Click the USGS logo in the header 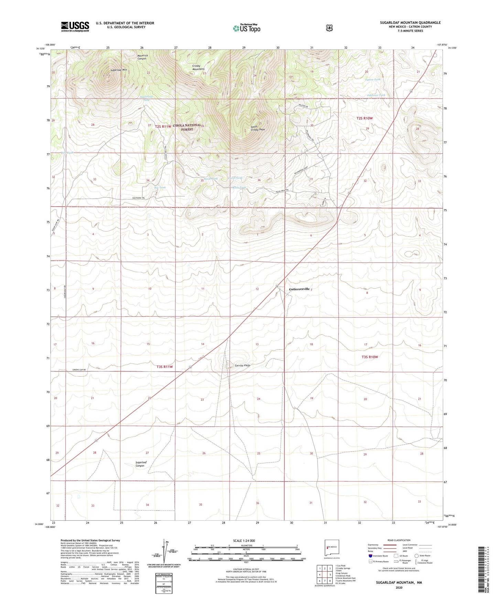[75, 26]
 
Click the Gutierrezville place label [299, 289]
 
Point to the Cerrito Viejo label [240, 365]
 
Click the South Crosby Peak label [258, 128]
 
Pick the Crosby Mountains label [198, 67]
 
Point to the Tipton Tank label [373, 80]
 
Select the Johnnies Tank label [376, 95]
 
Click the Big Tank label [160, 187]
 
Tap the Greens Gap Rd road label [79, 370]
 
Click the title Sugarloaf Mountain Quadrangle [410, 23]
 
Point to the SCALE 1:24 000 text [244, 541]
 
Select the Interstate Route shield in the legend [370, 556]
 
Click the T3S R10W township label [369, 357]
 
